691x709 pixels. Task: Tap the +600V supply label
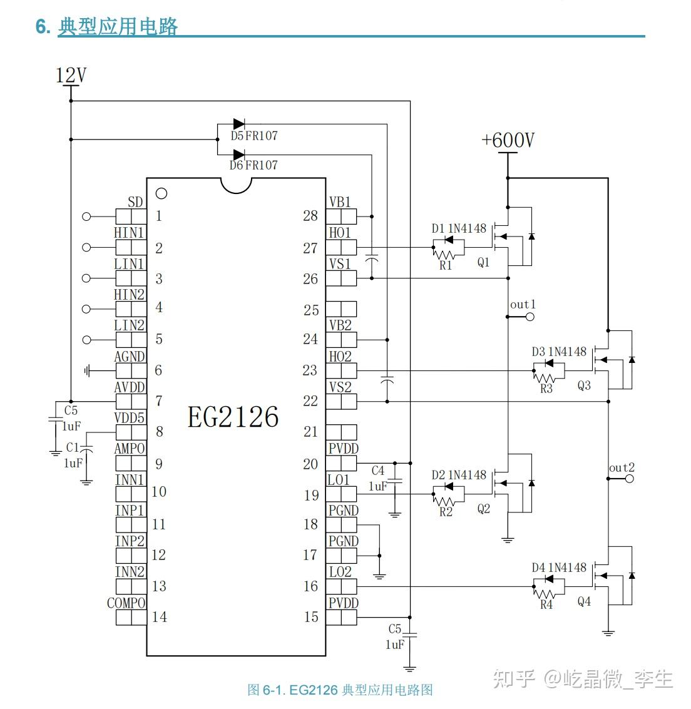tap(508, 140)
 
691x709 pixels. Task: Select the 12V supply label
tap(71, 76)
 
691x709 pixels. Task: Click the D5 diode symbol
tap(238, 125)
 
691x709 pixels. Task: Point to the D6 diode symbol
tap(238, 154)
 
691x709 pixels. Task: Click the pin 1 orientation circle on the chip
tap(161, 193)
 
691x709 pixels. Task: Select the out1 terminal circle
tap(530, 317)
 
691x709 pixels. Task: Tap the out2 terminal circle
tap(629, 478)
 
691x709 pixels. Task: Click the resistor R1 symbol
tap(444, 255)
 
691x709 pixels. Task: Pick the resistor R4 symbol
tap(546, 594)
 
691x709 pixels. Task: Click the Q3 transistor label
tap(583, 385)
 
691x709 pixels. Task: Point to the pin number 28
tap(310, 216)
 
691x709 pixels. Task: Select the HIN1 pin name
tap(129, 233)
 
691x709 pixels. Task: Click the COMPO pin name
tap(126, 603)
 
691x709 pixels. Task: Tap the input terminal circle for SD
tap(86, 217)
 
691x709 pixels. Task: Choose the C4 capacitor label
tap(377, 471)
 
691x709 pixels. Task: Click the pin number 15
tap(311, 617)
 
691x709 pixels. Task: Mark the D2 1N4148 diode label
tap(458, 475)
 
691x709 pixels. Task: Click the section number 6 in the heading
tap(42, 27)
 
